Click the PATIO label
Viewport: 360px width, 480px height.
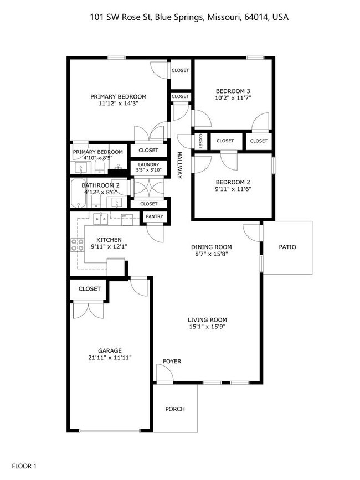point(287,247)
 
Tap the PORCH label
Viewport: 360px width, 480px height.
point(175,409)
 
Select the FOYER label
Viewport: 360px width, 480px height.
point(172,362)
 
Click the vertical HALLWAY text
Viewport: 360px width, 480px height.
point(179,165)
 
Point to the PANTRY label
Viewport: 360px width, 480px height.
point(155,216)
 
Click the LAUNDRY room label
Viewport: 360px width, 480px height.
point(148,164)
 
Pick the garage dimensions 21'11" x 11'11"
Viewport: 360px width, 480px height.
point(110,358)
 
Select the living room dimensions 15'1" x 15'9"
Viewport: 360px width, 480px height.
point(207,327)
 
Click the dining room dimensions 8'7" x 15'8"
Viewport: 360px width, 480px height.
point(210,254)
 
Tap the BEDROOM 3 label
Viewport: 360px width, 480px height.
point(233,91)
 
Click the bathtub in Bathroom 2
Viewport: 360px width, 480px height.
point(82,194)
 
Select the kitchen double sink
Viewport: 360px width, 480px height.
point(101,219)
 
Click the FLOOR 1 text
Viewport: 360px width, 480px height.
point(24,466)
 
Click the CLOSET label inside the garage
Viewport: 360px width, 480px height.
point(89,289)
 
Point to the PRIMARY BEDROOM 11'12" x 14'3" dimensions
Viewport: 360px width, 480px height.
point(118,104)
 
